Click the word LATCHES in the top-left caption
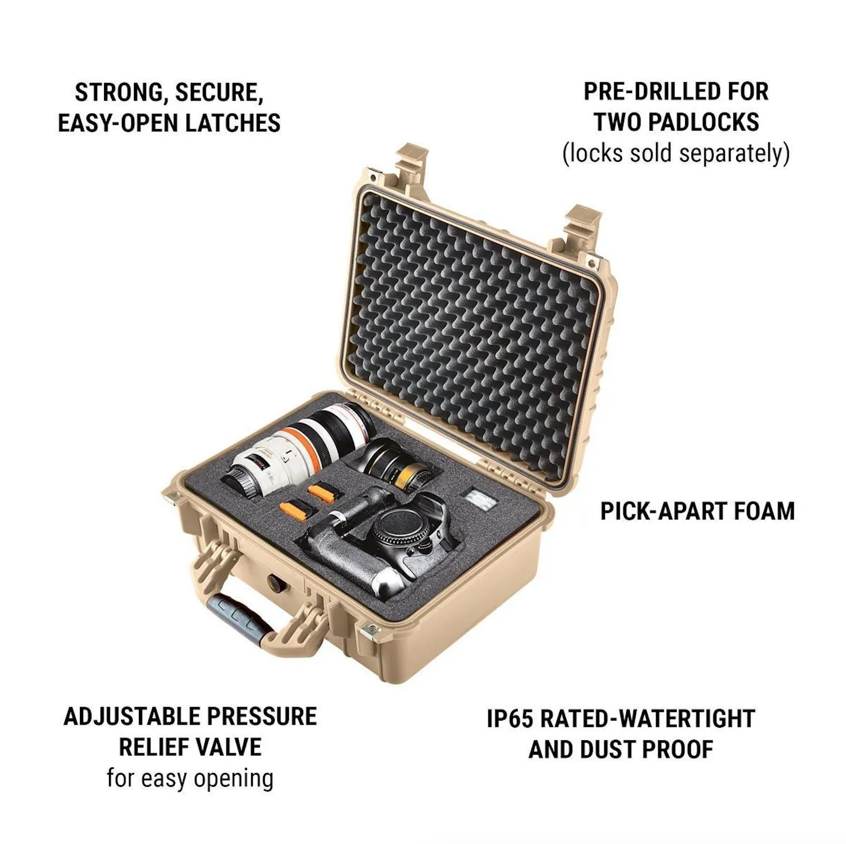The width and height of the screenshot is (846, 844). pyautogui.click(x=233, y=123)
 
